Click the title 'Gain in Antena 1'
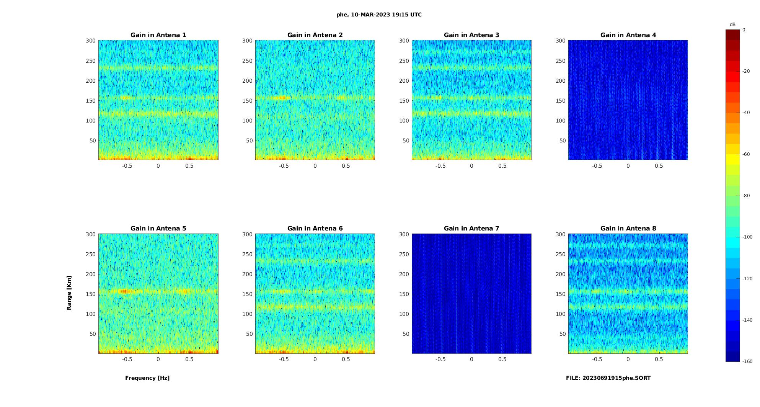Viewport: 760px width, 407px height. point(158,35)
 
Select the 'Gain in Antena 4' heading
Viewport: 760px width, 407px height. point(628,35)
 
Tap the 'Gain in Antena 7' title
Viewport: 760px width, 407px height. point(471,228)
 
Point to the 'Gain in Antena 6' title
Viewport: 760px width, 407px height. point(315,228)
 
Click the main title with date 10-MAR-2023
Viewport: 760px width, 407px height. point(379,15)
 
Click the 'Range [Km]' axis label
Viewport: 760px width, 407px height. point(69,293)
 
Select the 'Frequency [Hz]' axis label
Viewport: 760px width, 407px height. point(147,378)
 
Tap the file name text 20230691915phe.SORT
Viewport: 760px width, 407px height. point(608,378)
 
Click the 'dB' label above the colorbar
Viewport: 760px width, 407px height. point(732,25)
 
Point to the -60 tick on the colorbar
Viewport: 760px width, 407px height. point(746,154)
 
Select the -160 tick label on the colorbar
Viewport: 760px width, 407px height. point(747,361)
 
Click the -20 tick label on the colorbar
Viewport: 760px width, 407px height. point(746,71)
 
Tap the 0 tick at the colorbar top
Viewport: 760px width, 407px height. point(744,30)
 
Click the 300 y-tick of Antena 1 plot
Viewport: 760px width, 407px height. point(90,41)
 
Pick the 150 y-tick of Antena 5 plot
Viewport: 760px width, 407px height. point(90,294)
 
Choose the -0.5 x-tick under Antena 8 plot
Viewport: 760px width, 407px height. point(597,359)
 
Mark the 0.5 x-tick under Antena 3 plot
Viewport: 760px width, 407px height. point(502,166)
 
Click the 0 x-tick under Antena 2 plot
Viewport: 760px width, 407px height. point(315,166)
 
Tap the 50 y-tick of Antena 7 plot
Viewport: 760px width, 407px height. point(406,334)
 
